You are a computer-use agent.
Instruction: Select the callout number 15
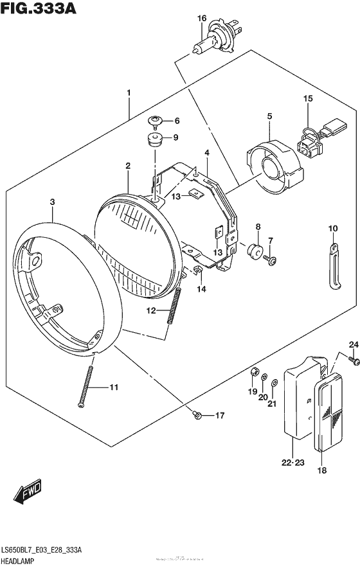[x=308, y=98]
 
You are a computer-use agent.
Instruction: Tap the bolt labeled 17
[x=199, y=416]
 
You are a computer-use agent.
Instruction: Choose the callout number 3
[x=52, y=202]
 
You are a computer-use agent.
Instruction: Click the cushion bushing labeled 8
[x=255, y=250]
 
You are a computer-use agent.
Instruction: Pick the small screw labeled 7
[x=273, y=259]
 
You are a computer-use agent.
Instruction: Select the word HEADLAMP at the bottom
[x=23, y=561]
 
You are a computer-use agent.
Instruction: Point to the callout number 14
[x=201, y=290]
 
